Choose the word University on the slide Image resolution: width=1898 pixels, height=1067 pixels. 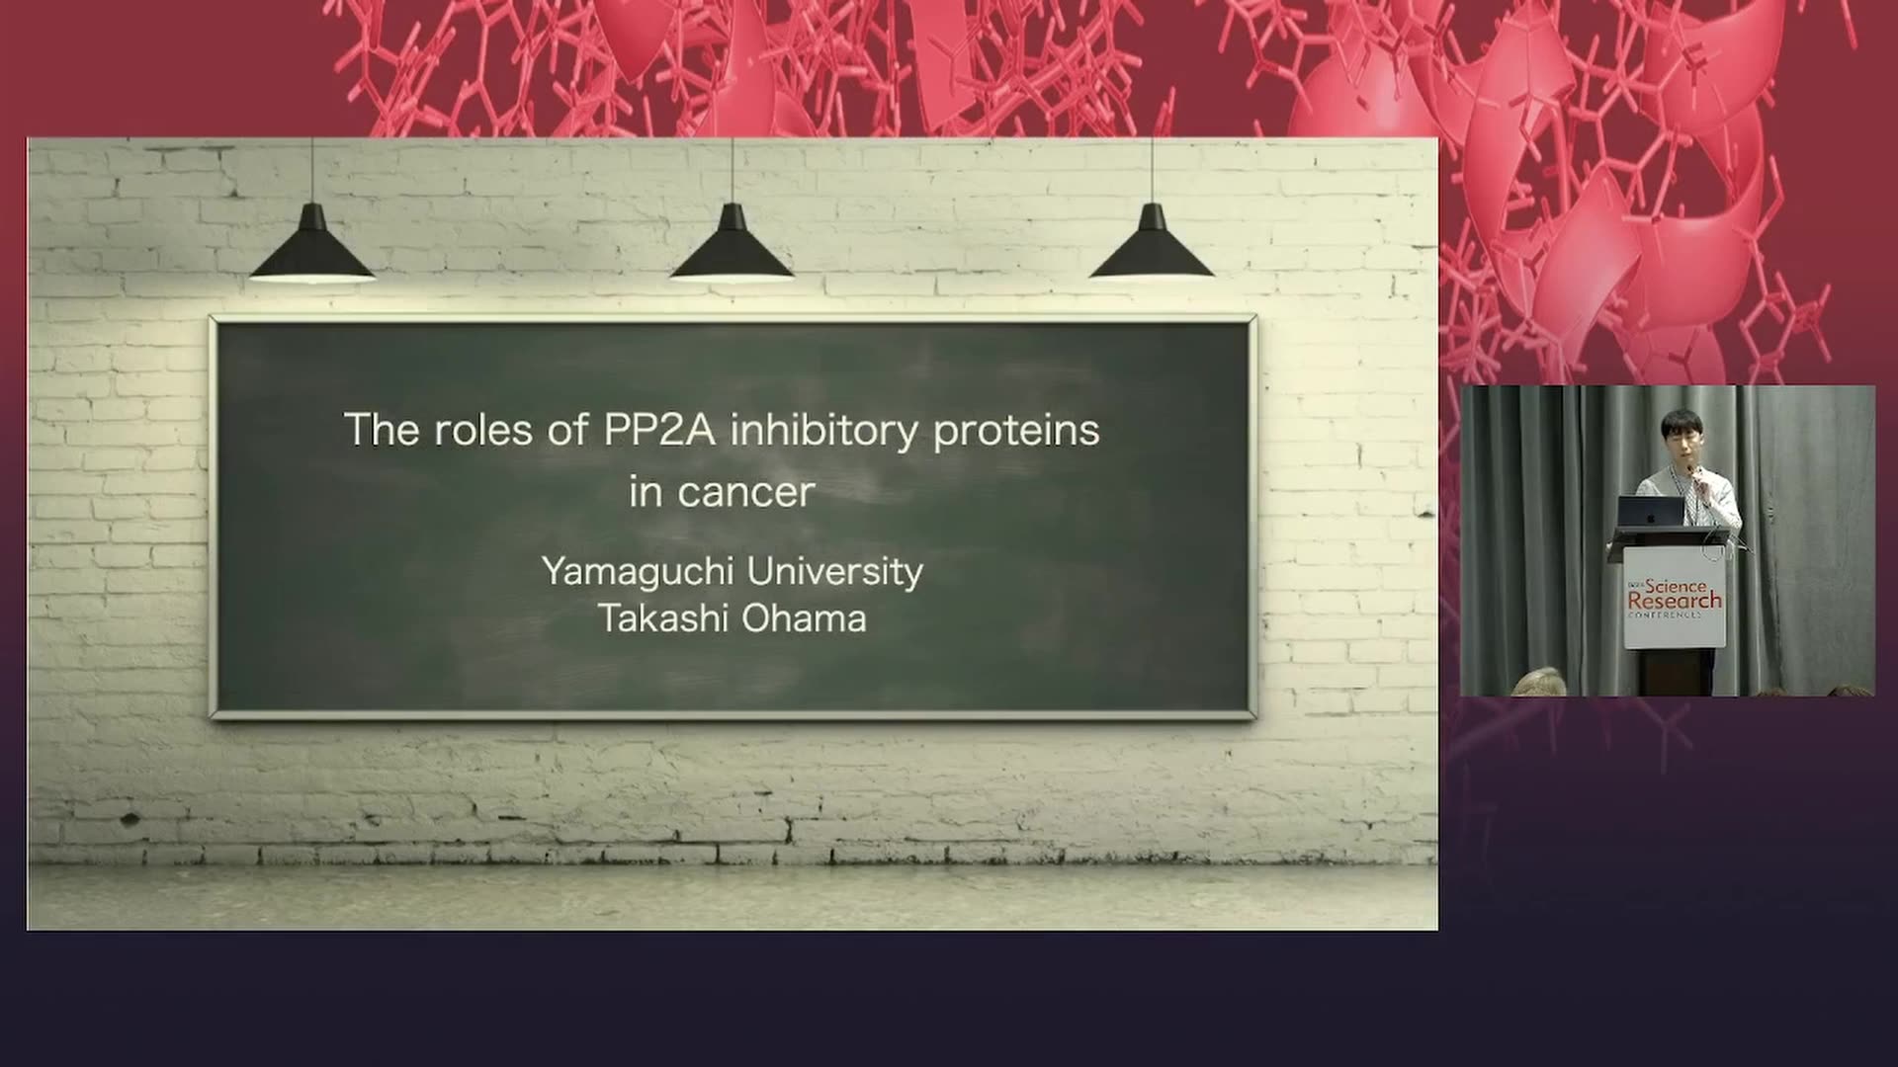[835, 572]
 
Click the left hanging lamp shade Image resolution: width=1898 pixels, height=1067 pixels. [312, 244]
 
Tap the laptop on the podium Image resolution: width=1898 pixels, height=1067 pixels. [1651, 511]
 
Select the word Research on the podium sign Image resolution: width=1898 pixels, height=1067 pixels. [1675, 601]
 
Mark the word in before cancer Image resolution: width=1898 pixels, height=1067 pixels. [646, 491]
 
